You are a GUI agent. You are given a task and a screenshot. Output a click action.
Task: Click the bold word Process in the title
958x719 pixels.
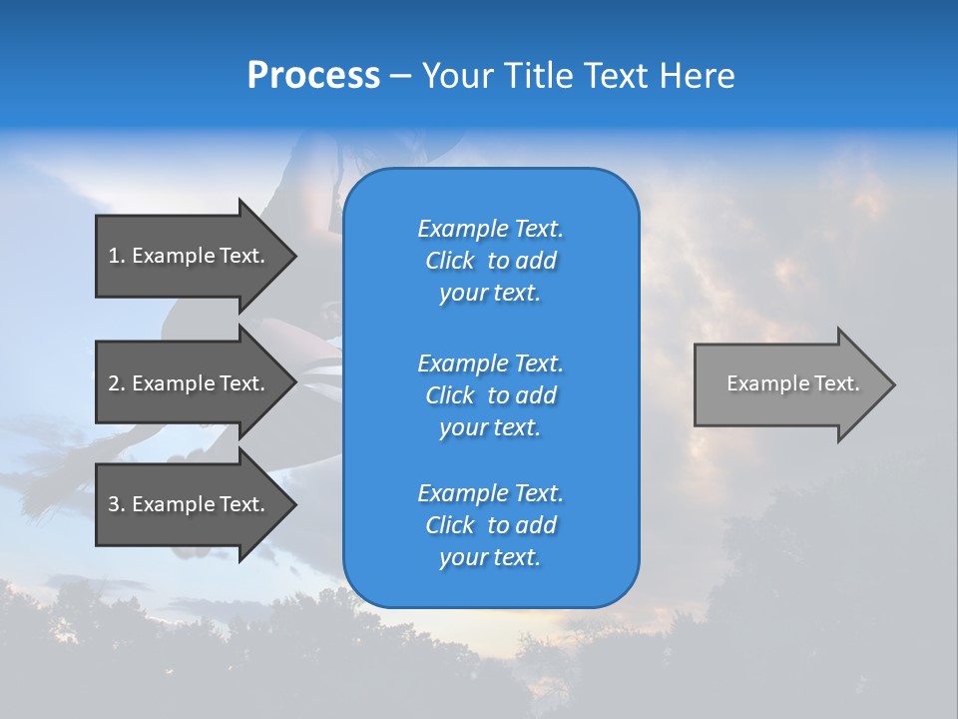(x=313, y=76)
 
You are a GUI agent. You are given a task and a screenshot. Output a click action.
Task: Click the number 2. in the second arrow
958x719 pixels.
(x=117, y=383)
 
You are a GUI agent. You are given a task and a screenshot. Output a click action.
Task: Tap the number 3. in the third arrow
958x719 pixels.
(x=117, y=504)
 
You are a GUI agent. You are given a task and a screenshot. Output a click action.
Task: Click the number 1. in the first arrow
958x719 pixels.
(x=116, y=256)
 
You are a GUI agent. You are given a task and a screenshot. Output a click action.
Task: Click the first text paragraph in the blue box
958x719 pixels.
(x=490, y=261)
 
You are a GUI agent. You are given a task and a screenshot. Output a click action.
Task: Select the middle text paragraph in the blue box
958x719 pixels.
(x=490, y=395)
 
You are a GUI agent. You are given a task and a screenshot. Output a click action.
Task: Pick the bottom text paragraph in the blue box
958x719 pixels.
(x=490, y=525)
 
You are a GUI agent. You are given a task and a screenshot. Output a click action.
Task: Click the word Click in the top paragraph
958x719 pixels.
(x=449, y=261)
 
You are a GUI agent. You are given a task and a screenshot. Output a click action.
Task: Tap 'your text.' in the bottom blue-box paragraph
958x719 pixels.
(x=490, y=557)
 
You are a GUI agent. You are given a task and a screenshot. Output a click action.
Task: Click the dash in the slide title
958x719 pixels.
(x=400, y=77)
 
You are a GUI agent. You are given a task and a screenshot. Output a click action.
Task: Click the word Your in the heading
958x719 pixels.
(x=458, y=76)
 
